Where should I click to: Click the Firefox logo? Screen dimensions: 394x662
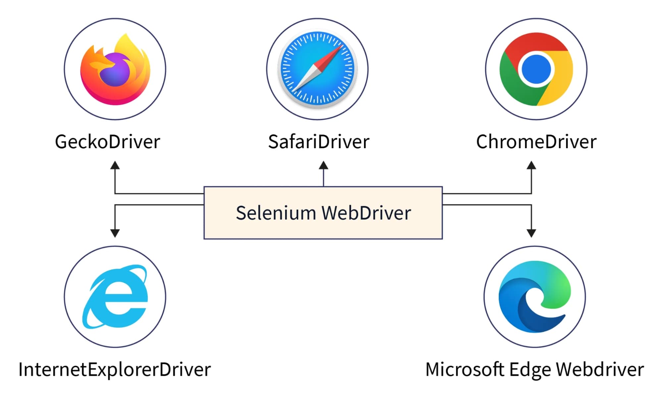(x=115, y=69)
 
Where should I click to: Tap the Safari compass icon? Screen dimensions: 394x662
(x=317, y=69)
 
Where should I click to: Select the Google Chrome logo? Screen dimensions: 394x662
(x=536, y=69)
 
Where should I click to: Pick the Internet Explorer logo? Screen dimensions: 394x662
(x=115, y=297)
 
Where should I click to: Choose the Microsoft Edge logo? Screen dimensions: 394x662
(x=535, y=297)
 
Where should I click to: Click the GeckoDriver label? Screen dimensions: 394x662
(x=107, y=142)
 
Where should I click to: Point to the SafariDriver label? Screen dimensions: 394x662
(x=319, y=142)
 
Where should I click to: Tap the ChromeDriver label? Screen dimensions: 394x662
(x=536, y=142)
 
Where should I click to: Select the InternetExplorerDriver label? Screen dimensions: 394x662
(x=115, y=370)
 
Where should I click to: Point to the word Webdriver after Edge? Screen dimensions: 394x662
(x=600, y=370)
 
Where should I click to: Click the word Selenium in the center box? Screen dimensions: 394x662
(x=276, y=213)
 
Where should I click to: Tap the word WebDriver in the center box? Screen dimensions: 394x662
(x=366, y=213)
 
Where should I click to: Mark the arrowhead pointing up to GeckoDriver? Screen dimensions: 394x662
(x=115, y=165)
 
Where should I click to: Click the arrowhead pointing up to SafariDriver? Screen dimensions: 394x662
(x=324, y=165)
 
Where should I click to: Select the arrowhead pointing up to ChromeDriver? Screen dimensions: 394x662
(x=531, y=165)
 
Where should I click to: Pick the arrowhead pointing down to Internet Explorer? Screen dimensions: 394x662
(x=115, y=233)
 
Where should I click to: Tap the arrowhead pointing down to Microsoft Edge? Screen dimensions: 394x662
(x=531, y=233)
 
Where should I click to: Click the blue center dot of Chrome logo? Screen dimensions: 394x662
(x=536, y=69)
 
